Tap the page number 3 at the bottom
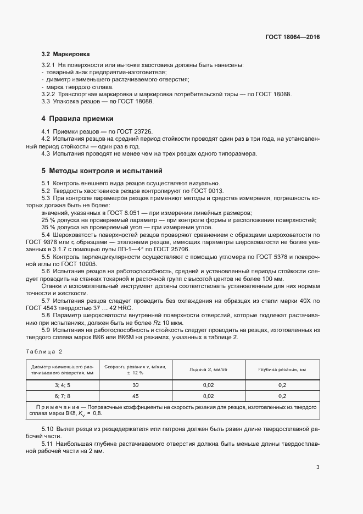tap(317, 467)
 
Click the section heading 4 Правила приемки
tap(77, 118)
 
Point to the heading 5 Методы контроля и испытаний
tap(102, 171)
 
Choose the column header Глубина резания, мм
tap(282, 369)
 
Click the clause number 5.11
tap(48, 443)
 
